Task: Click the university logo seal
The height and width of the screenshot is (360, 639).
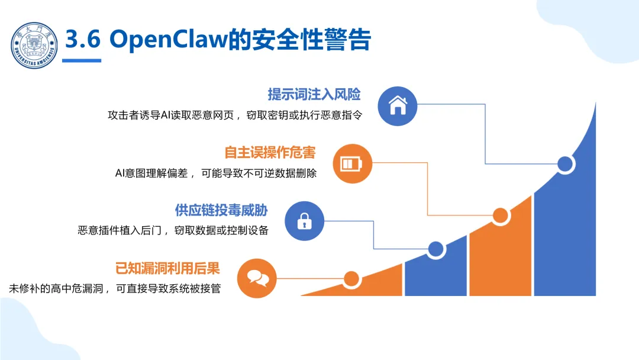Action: pos(35,45)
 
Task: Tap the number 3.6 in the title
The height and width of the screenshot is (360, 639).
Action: pos(83,40)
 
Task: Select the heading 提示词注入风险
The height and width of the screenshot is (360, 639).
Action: pos(314,95)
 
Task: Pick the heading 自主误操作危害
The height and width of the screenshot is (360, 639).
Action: pos(270,153)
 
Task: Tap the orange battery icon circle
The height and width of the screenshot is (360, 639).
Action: pos(353,163)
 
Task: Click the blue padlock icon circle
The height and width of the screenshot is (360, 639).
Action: pos(305,221)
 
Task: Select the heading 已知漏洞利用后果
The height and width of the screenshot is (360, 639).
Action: pos(167,268)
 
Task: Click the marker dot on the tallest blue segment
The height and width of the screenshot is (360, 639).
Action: pos(566,164)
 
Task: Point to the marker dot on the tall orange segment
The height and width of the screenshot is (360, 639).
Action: pos(501,216)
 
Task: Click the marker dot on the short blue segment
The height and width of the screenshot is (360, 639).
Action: pos(436,249)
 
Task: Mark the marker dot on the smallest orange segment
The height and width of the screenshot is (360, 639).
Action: pos(351,278)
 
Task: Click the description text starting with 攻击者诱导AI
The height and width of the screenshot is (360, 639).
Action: pos(234,115)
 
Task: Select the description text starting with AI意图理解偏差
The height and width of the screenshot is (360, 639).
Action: pos(216,173)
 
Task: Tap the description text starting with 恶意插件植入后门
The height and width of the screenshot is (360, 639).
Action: pos(173,230)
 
